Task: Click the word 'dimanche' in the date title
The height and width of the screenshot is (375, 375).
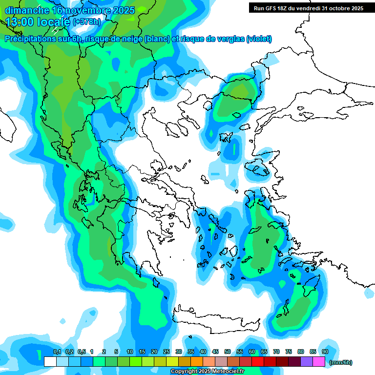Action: click(26, 10)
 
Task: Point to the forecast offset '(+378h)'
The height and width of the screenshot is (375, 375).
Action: click(86, 22)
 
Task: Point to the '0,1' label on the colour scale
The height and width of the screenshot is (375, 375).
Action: click(57, 352)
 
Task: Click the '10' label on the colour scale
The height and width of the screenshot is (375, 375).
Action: click(129, 352)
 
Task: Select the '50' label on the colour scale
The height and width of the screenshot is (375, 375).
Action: click(227, 352)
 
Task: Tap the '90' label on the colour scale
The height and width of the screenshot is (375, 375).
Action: click(325, 352)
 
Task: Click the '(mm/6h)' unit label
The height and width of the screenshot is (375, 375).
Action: click(341, 362)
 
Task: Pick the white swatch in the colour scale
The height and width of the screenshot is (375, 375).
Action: click(50, 362)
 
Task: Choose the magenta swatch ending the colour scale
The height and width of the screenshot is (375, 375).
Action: click(319, 362)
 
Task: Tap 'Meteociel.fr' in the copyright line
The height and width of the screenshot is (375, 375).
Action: click(226, 372)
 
